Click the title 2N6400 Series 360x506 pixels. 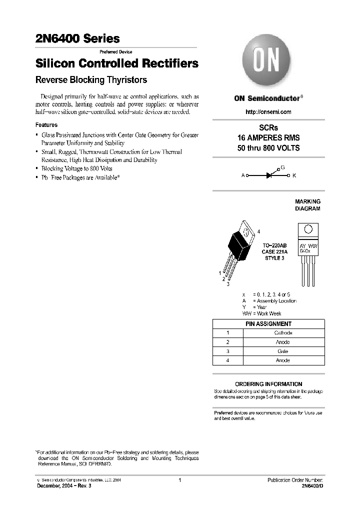[77, 38]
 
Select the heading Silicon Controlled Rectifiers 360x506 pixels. [116, 64]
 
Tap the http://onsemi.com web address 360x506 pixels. [268, 112]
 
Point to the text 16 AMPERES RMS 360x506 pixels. [268, 138]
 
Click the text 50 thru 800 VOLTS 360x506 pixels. [268, 148]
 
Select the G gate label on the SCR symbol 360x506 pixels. [282, 168]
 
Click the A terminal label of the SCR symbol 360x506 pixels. [243, 175]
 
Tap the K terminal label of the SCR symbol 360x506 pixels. [294, 175]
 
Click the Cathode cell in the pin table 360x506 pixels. [283, 332]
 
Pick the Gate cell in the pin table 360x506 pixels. [283, 351]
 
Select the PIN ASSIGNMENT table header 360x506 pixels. [268, 323]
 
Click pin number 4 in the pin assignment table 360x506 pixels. [227, 360]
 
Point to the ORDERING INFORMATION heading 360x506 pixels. [268, 384]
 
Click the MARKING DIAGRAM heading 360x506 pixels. [307, 205]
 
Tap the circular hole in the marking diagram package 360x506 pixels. [308, 229]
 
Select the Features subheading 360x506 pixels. [46, 125]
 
